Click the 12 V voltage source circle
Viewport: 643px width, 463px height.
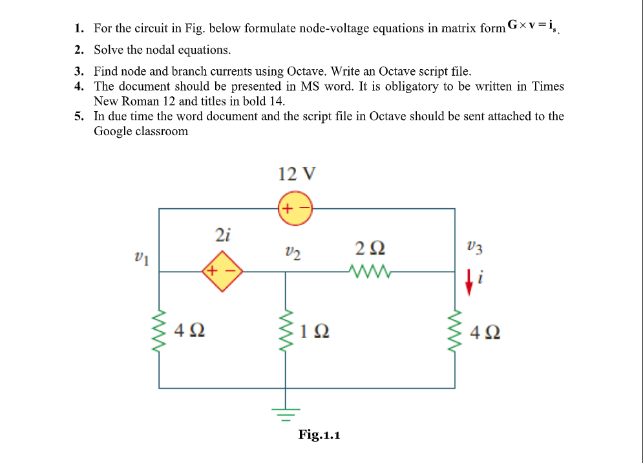(x=295, y=208)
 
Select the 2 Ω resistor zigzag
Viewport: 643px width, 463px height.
(x=368, y=271)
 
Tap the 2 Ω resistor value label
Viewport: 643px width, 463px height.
(x=370, y=248)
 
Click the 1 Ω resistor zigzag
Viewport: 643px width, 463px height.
(x=286, y=331)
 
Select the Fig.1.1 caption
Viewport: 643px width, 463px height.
(x=319, y=435)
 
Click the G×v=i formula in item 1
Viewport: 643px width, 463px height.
(x=532, y=26)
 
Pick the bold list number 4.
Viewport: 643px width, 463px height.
(x=78, y=87)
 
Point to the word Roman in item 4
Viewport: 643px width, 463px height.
(x=141, y=102)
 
